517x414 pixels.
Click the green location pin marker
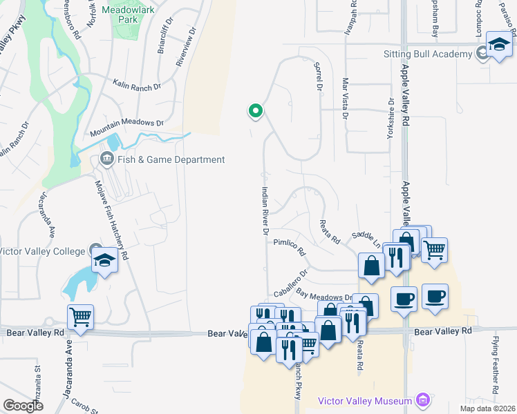255,110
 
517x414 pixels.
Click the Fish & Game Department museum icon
107,159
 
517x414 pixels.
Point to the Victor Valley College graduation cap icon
104,259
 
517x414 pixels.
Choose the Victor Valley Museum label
368,401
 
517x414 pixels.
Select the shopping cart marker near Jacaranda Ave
80,317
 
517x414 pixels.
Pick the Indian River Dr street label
265,211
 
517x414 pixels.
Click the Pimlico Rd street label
289,247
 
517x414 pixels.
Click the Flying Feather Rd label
496,364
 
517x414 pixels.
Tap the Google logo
23,405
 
